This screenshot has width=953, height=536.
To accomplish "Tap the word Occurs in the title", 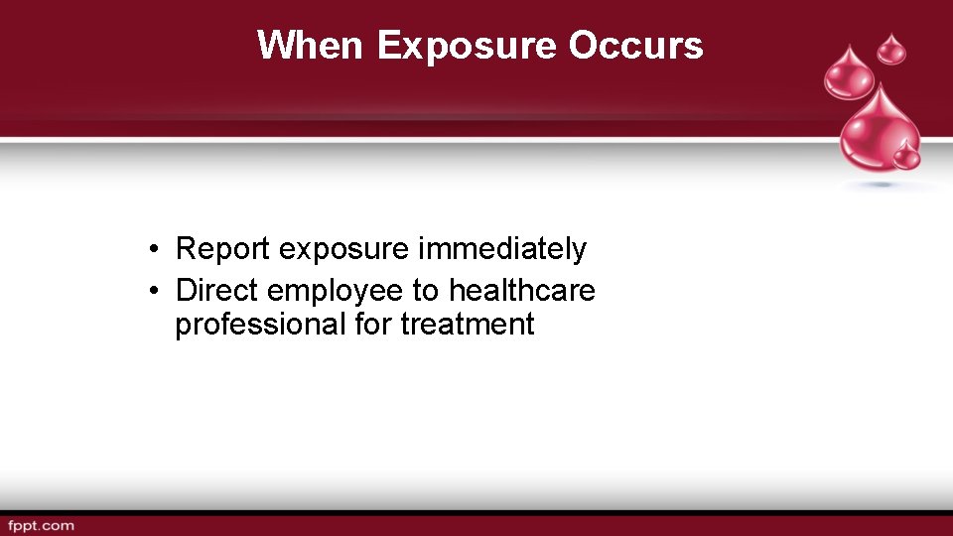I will pos(636,46).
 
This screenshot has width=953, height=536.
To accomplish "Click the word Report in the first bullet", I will pos(223,249).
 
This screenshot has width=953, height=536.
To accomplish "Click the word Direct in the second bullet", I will pos(217,291).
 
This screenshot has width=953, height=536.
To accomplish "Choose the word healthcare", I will pos(522,291).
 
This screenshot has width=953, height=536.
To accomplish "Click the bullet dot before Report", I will pos(155,250).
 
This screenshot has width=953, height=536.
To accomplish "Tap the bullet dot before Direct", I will pos(155,292).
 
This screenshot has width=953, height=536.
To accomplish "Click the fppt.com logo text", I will pos(41,525).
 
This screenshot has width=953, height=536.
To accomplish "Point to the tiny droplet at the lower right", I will pos(905,155).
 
